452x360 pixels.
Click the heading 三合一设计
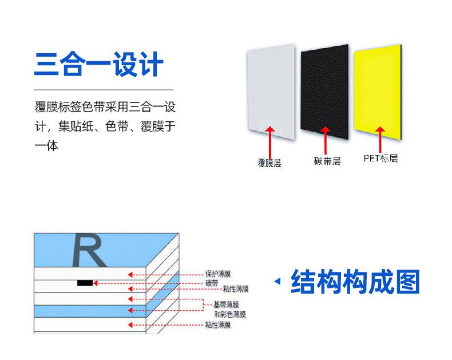pos(99,65)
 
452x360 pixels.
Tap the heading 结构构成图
pos(355,281)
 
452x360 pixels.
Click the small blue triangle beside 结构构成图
pos(278,281)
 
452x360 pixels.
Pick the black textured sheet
pos(325,89)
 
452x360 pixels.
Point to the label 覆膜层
pos(269,163)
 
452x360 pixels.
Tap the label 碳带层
pos(327,161)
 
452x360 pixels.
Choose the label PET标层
pos(380,158)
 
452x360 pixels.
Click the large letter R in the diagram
pos(87,250)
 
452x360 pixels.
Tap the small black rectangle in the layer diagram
pos(85,283)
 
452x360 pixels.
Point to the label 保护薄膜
pos(218,274)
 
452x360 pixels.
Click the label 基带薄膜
pos(226,304)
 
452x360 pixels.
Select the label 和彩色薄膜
pos(230,314)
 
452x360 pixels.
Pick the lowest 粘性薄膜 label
pos(218,325)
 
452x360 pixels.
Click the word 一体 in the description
pos(47,146)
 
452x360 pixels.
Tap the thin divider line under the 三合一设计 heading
pos(104,90)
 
